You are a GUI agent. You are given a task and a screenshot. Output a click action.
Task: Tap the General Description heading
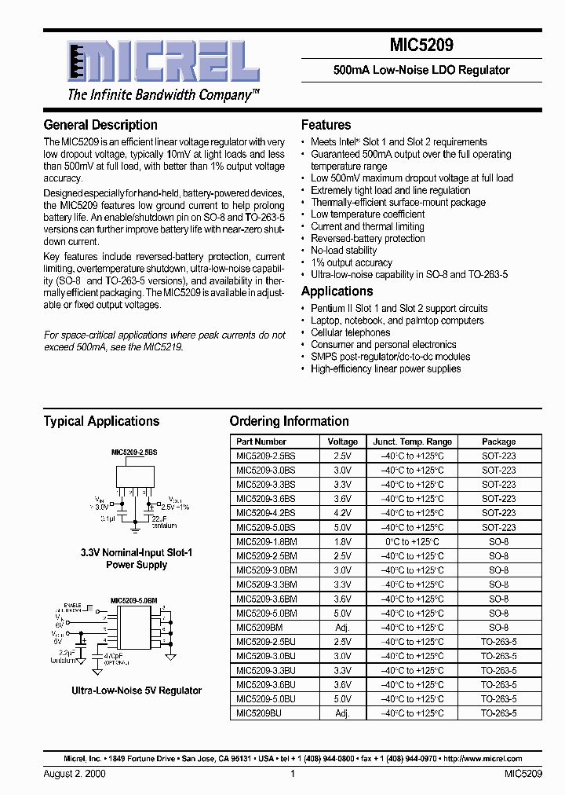100,125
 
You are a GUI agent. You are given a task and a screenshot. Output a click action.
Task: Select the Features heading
326,125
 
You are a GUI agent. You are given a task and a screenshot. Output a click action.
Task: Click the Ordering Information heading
289,421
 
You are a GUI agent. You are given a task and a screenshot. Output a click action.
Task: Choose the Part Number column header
261,441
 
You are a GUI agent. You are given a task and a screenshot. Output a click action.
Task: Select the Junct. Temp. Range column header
412,441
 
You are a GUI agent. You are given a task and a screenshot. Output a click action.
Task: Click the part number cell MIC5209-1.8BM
267,542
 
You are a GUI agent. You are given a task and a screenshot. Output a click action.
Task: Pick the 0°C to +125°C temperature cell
412,542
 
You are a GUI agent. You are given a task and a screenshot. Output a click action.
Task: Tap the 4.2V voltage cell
342,513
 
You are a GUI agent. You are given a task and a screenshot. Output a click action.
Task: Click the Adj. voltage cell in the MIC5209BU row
342,713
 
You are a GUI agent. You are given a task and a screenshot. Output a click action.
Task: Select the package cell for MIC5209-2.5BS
498,456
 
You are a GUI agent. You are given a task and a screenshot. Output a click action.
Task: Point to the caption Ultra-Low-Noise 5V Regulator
137,691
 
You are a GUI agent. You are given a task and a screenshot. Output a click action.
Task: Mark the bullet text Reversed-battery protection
368,238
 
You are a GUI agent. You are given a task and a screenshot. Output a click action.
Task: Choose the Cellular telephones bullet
350,332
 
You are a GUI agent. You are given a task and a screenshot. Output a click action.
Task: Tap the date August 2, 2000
75,774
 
